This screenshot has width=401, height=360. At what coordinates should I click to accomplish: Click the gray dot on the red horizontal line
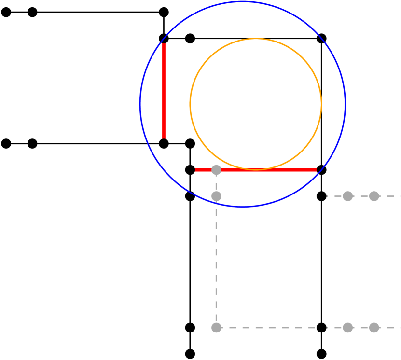point(216,170)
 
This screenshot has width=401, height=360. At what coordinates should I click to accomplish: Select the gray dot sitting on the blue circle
point(216,196)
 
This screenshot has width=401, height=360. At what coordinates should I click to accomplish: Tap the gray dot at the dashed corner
point(216,328)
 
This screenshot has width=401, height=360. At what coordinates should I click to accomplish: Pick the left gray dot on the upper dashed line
point(347,196)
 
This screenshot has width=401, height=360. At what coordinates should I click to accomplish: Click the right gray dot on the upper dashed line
point(374,196)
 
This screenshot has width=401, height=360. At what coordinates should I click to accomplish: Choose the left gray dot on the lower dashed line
point(347,328)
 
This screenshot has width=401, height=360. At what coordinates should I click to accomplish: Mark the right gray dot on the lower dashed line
point(374,328)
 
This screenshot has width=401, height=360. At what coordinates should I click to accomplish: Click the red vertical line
point(164,92)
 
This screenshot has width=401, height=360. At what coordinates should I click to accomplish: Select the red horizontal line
point(270,170)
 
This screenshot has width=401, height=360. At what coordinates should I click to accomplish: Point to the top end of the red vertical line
point(164,44)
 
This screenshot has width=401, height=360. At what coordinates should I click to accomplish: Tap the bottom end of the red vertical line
point(164,138)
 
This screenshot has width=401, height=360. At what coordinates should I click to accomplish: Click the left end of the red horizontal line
point(195,170)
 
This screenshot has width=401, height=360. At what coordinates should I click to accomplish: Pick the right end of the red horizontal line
point(316,170)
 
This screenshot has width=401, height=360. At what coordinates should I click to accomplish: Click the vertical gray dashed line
point(216,261)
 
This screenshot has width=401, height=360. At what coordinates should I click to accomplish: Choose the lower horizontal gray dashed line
point(280,328)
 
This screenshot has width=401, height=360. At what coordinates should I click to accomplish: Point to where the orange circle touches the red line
point(256,169)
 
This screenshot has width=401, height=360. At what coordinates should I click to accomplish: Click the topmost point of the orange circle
point(256,39)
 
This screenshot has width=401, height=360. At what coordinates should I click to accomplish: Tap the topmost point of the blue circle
point(243,2)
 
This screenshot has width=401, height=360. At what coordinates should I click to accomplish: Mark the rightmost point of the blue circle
point(345,104)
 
